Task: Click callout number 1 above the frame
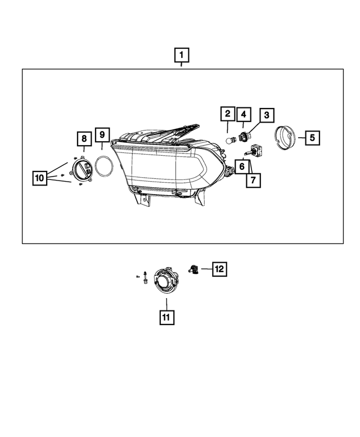181,56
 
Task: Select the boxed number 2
227,115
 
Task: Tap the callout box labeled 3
266,116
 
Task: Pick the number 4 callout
244,115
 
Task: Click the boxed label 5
313,137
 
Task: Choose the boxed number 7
253,179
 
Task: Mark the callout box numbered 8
83,138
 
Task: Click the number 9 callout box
102,134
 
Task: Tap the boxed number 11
166,318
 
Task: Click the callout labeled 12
219,269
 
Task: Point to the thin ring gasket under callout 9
103,166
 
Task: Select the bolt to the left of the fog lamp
145,277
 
